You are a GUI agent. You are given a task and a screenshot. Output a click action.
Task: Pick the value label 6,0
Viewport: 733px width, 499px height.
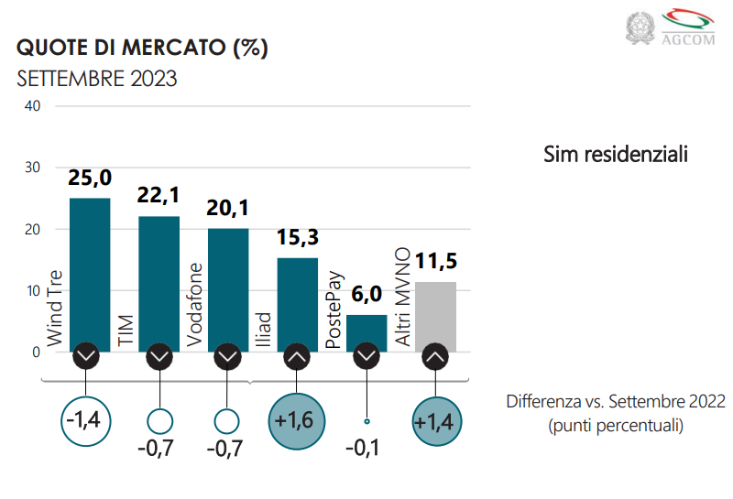(x=366, y=295)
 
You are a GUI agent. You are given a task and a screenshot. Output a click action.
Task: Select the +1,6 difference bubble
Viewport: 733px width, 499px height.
(x=297, y=422)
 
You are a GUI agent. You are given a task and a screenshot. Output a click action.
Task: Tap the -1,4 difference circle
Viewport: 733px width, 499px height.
(x=86, y=422)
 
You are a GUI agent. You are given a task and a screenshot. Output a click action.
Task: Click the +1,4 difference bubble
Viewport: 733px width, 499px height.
(x=436, y=422)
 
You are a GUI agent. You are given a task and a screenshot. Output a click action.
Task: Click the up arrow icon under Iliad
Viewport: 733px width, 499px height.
(x=297, y=355)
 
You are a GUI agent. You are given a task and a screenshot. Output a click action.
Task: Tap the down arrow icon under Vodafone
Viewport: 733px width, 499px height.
(x=226, y=355)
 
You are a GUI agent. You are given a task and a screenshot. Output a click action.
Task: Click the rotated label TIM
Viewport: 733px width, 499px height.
(x=125, y=332)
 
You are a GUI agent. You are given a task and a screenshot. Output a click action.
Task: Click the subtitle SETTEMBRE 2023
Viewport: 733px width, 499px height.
(x=97, y=79)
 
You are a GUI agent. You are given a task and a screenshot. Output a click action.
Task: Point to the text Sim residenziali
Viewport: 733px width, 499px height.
(x=615, y=154)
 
